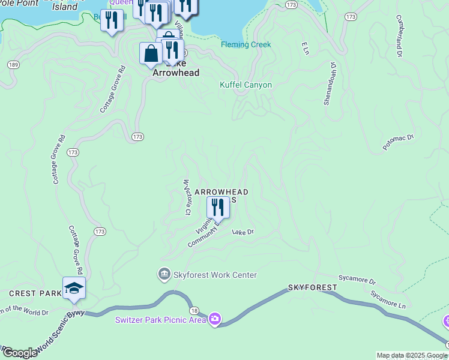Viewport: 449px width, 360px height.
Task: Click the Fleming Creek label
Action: [x=246, y=45]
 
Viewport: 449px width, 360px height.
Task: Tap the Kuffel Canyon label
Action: [x=246, y=85]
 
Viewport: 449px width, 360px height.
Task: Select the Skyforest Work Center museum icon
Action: [x=164, y=275]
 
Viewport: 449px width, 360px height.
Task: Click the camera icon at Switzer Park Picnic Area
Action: [x=215, y=319]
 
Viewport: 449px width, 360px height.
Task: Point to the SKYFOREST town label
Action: [x=312, y=288]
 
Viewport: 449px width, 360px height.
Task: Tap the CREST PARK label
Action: [x=35, y=293]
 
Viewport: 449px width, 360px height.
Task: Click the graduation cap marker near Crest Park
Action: [x=74, y=289]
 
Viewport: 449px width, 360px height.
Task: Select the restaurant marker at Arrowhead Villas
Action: [x=218, y=208]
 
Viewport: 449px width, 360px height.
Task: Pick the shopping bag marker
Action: [x=150, y=53]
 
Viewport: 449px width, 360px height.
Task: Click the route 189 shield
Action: [x=13, y=65]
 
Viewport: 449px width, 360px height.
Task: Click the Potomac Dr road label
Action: [x=399, y=142]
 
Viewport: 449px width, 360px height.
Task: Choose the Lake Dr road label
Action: [x=243, y=232]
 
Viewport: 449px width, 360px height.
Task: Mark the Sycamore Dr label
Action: [x=357, y=280]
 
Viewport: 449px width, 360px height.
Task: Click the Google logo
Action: [x=19, y=353]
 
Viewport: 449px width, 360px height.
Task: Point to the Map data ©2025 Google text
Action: [x=411, y=355]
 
